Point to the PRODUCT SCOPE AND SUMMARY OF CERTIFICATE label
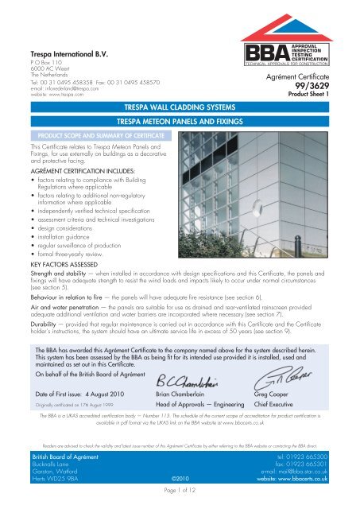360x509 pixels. point(74,136)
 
